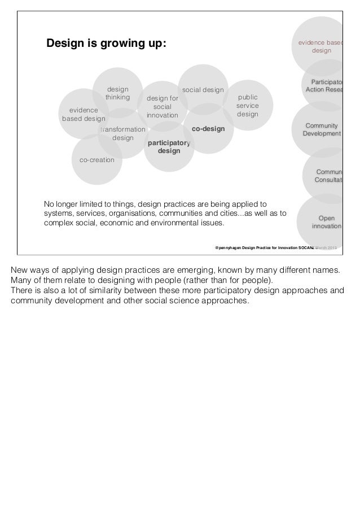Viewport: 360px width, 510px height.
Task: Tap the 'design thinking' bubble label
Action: tap(117, 93)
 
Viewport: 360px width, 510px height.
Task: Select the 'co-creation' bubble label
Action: tap(97, 160)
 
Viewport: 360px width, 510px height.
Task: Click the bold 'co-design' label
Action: tap(208, 129)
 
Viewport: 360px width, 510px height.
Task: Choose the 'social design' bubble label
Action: tap(203, 90)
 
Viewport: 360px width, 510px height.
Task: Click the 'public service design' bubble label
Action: tap(248, 106)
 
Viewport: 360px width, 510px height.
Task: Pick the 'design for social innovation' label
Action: tap(163, 106)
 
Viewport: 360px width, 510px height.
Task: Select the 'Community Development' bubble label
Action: tap(322, 129)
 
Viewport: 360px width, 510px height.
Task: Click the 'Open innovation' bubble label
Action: tap(326, 221)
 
